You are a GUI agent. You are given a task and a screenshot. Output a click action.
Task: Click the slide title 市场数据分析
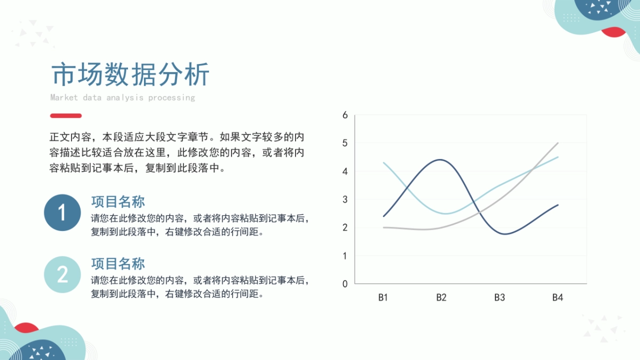pos(130,74)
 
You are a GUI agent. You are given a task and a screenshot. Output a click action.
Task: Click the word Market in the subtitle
pos(64,98)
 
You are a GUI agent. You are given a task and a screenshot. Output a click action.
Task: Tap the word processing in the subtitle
pos(171,98)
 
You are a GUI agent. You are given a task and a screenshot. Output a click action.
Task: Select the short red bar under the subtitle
pos(66,116)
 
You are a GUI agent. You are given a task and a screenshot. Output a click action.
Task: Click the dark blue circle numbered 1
pos(62,213)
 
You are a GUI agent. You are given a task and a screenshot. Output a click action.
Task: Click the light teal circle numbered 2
pos(62,274)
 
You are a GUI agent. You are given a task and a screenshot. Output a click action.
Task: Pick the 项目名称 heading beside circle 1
pos(118,202)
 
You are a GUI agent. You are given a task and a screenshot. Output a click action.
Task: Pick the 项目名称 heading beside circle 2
pos(118,263)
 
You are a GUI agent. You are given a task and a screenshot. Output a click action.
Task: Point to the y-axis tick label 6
pos(345,115)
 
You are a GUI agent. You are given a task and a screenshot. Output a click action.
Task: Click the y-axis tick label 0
pos(345,284)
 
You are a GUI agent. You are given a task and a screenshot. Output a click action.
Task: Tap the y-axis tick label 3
pos(345,199)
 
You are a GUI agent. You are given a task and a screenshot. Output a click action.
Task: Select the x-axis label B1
pos(383,298)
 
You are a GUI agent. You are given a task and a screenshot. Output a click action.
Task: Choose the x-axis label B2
pos(441,298)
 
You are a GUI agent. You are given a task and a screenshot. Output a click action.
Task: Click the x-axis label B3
pos(499,298)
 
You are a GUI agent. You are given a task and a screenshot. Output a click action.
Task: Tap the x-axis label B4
pos(558,298)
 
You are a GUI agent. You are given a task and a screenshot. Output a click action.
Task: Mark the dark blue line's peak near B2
pos(440,159)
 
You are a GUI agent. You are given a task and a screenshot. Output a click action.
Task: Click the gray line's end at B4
pos(558,143)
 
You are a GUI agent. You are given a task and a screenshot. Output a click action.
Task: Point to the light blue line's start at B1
pos(383,163)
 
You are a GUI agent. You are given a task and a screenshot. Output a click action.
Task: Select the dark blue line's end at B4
pos(558,205)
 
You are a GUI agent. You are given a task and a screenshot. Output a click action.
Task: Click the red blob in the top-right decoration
pos(613,33)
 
